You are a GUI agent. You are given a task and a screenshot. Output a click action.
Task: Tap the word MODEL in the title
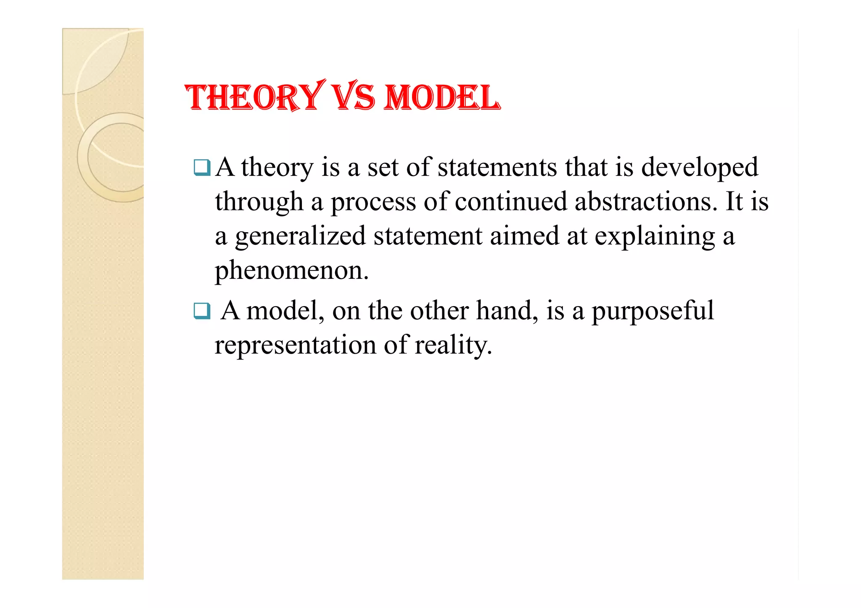pos(442,97)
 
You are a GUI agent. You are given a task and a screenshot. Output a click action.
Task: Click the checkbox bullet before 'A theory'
pos(202,168)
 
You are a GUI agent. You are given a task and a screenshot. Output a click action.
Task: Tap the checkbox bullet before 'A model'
pos(202,311)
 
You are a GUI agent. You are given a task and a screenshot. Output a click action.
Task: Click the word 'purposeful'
pos(652,312)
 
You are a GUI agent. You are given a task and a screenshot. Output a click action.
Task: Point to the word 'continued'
pos(511,202)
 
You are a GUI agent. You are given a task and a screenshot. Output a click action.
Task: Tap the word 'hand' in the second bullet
pos(507,311)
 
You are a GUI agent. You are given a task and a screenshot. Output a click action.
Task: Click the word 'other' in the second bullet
pos(439,311)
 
